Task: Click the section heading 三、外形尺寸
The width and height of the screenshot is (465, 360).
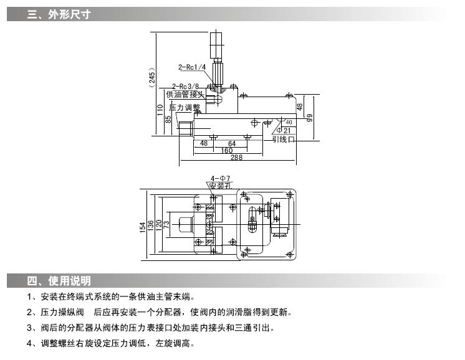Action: point(59,14)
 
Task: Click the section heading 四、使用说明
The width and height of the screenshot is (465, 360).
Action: point(59,280)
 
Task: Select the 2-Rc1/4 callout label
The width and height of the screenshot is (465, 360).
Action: point(191,67)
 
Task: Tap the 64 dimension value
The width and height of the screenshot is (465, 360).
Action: point(232,143)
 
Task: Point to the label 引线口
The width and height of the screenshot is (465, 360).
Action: point(283,140)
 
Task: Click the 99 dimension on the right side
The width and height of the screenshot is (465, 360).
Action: point(309,117)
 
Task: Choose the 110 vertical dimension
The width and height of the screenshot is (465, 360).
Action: point(160,111)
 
